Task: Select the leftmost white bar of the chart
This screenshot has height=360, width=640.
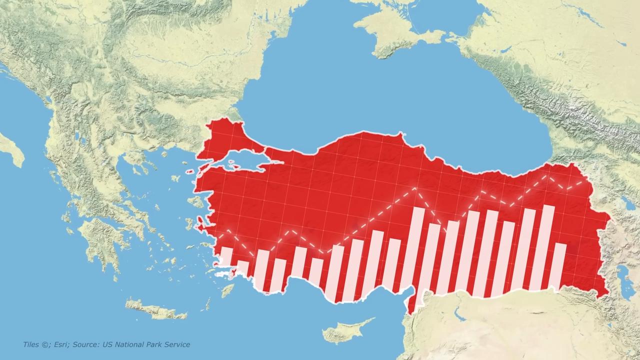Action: point(226,256)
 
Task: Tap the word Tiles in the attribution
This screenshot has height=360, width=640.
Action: point(31,344)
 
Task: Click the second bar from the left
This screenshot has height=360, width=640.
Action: point(242,267)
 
